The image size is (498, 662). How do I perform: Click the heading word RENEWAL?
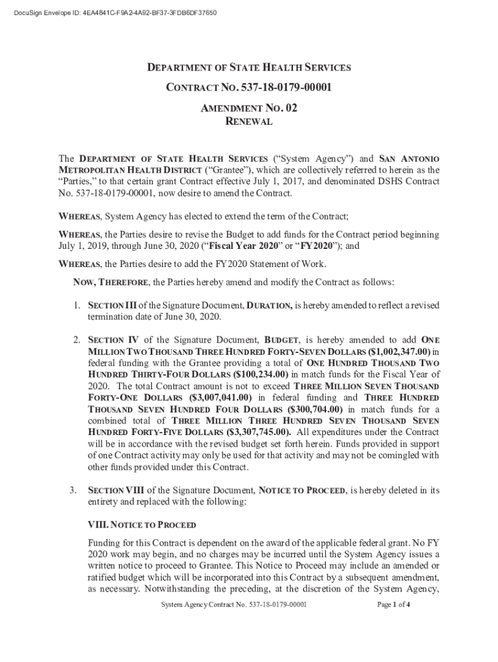(x=249, y=122)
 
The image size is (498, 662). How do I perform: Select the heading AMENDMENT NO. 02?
(x=249, y=108)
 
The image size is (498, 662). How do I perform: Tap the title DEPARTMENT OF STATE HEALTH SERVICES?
(x=249, y=67)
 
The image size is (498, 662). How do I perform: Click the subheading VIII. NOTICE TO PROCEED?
(x=142, y=524)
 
